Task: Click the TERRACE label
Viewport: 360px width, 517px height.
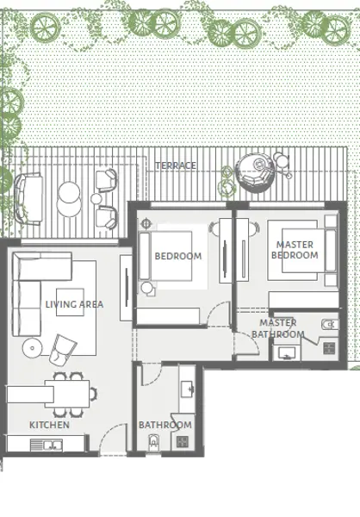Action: tap(176, 165)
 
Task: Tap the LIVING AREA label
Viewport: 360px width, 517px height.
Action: tap(75, 304)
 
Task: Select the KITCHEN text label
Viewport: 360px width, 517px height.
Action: tap(49, 425)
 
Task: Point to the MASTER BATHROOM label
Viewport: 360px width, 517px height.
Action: tap(278, 328)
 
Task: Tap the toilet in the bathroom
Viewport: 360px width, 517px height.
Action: tap(153, 443)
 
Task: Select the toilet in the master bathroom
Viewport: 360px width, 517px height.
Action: tap(330, 325)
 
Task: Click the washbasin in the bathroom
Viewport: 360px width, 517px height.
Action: tap(187, 389)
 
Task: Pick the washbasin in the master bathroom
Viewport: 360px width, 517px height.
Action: tap(287, 353)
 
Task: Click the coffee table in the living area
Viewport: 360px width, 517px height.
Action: tap(70, 302)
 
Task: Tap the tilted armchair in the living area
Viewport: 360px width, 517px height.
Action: tap(63, 350)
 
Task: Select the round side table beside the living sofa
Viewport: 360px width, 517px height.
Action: tap(33, 348)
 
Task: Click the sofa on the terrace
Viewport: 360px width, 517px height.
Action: tap(28, 199)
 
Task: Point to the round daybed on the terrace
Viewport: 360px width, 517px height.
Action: tap(255, 172)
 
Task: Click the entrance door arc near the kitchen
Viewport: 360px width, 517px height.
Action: tap(109, 432)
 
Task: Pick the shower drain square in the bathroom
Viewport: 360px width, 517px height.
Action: tap(183, 441)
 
